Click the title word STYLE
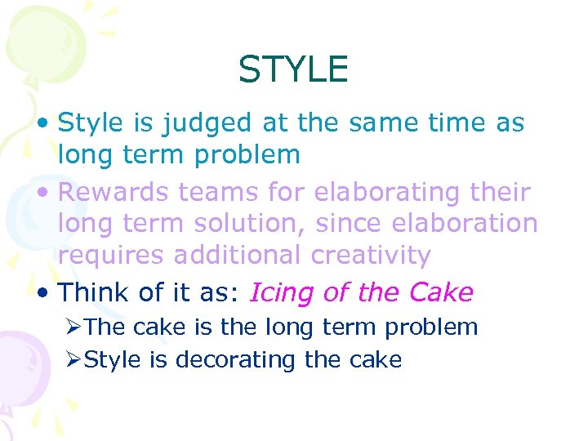(293, 69)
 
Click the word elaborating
(376, 193)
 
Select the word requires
(111, 256)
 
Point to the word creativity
(371, 256)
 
